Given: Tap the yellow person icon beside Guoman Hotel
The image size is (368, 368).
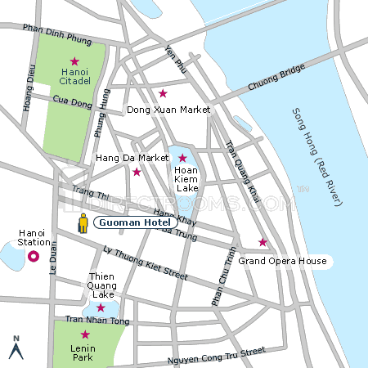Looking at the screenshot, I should (83, 222).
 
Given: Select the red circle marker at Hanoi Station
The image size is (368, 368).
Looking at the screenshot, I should (34, 256).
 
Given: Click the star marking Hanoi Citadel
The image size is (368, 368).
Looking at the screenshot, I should (74, 61).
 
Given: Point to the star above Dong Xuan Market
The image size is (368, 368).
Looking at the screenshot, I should (163, 93).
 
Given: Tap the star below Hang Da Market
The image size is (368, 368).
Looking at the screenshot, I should (137, 172).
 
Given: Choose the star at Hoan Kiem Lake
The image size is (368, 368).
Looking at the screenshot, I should (182, 158).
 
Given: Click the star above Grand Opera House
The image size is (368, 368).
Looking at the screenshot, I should (263, 242).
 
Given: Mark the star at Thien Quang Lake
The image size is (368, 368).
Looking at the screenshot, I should (101, 307).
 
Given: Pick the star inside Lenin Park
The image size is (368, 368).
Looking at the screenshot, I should (84, 334).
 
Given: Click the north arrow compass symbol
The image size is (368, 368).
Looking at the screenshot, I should (14, 348).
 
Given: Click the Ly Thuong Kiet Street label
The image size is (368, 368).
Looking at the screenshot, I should (139, 261).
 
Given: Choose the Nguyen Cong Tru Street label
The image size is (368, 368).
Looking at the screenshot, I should (216, 355).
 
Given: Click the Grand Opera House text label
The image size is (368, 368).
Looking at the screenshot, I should (282, 262).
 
